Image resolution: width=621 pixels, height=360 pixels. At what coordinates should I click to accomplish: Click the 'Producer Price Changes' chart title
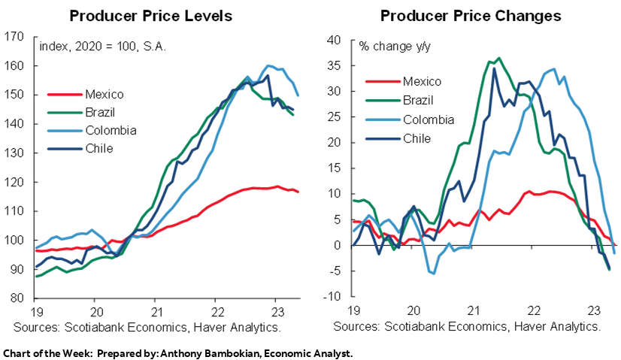coord(471,15)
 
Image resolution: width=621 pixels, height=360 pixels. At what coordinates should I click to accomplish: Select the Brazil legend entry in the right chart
coord(417,100)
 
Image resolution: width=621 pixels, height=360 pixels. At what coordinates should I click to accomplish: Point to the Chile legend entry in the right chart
coord(417,138)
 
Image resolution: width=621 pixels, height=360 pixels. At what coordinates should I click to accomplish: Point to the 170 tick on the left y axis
coord(15,36)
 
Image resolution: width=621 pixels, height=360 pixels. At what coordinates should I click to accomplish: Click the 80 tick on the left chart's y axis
coord(17,298)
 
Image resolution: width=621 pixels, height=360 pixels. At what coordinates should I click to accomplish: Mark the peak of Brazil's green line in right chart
coord(499,58)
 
